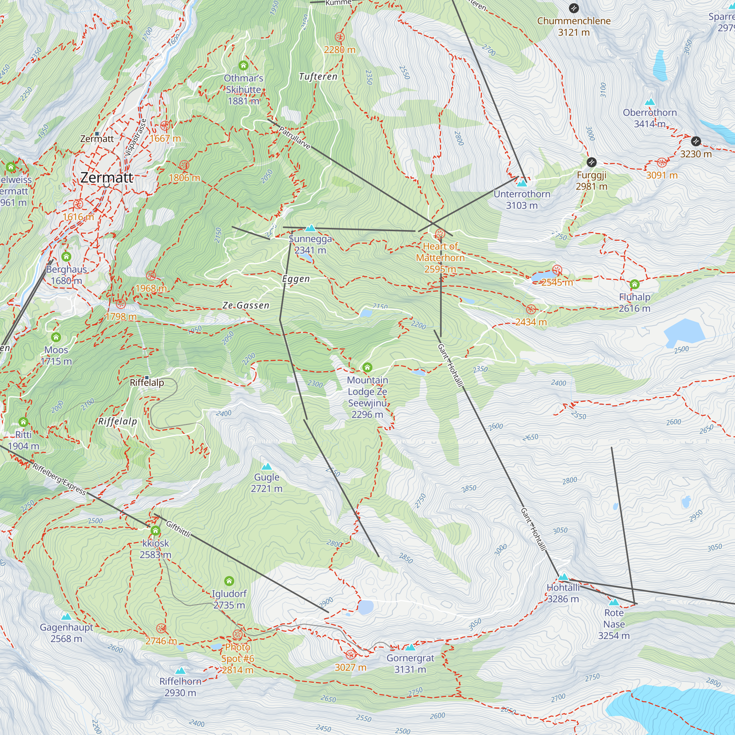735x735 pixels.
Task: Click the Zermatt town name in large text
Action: coord(107,178)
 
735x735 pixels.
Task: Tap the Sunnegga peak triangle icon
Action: coord(311,228)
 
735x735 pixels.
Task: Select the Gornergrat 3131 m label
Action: coord(410,663)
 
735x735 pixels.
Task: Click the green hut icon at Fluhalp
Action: coord(634,284)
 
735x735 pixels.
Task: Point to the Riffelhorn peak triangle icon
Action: coord(180,671)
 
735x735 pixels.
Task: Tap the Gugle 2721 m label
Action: coord(266,483)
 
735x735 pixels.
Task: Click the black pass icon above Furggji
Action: coord(591,162)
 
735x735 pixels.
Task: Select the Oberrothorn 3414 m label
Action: coord(649,118)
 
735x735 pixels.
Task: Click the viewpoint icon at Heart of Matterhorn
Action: coord(440,234)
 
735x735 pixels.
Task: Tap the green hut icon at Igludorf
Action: coord(229,581)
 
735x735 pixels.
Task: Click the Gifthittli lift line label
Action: coord(178,529)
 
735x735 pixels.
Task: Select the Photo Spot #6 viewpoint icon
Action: coord(237,634)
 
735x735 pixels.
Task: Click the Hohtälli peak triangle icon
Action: coord(563,577)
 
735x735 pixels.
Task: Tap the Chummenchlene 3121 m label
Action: coord(574,26)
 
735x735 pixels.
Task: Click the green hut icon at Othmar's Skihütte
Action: coord(244,65)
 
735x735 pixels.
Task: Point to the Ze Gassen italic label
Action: coord(246,305)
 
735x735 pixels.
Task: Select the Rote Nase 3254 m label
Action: coord(614,624)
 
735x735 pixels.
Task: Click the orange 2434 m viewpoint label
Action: coord(531,322)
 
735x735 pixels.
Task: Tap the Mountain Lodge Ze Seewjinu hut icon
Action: coord(367,367)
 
